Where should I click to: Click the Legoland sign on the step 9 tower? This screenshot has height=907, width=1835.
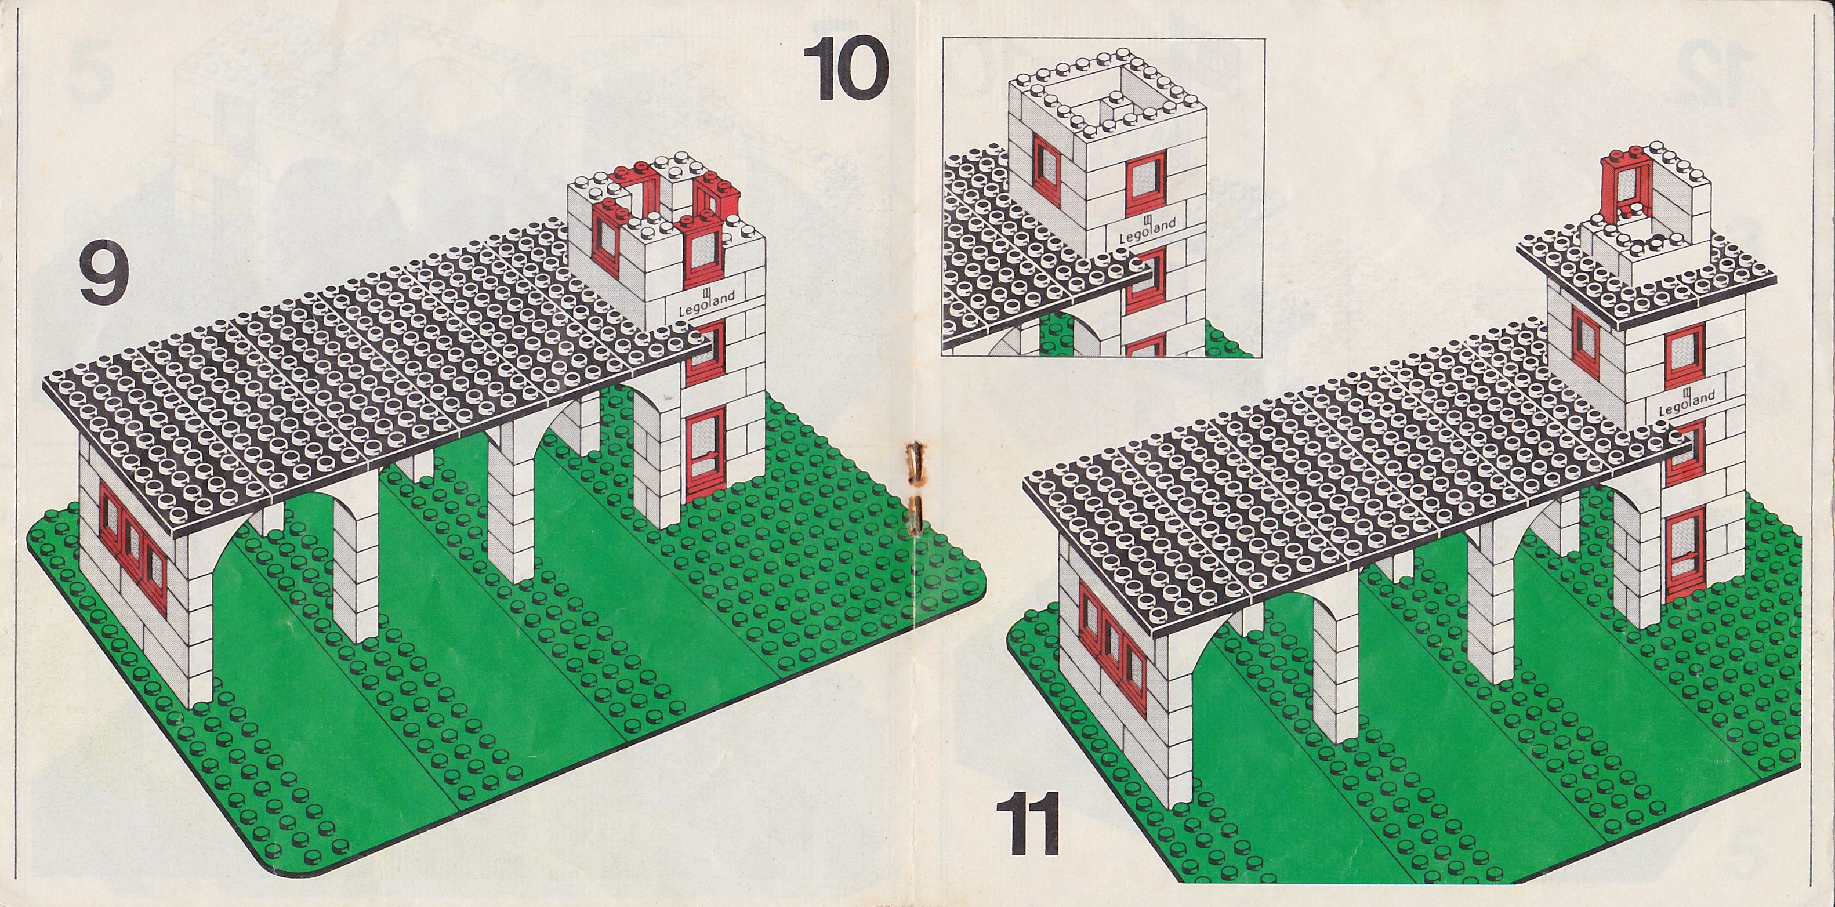click(702, 302)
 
